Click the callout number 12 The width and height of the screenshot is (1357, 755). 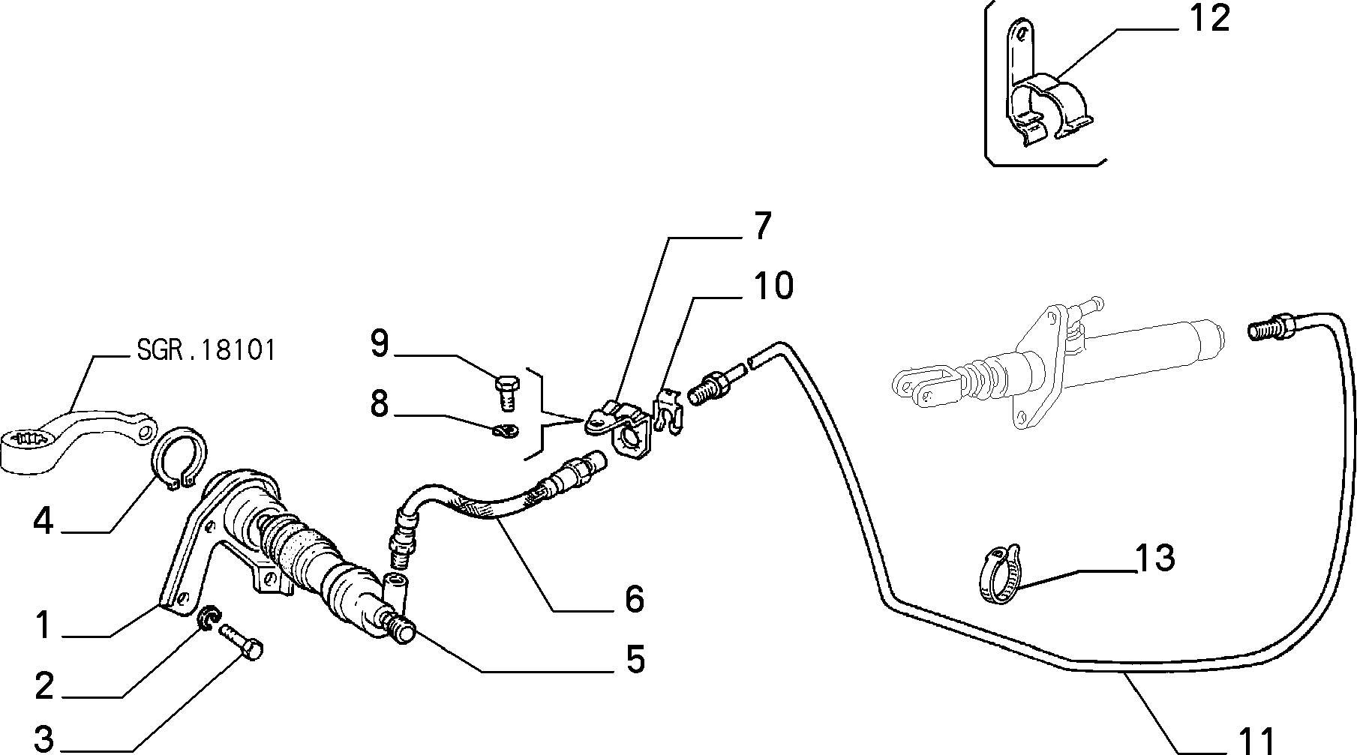click(x=1209, y=18)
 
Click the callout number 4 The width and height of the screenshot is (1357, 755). click(x=44, y=521)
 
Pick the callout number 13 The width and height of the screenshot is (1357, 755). click(x=1154, y=558)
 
